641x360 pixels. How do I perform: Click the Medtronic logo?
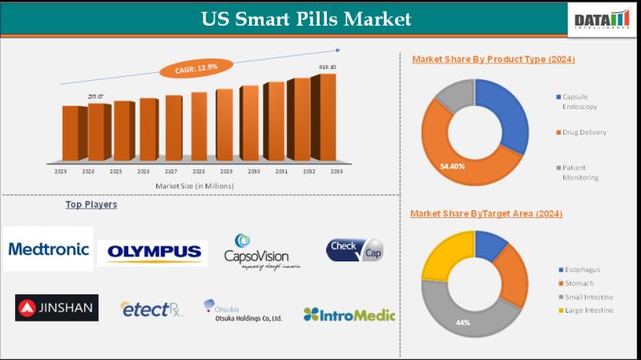coord(48,249)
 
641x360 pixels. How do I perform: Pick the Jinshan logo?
coord(57,307)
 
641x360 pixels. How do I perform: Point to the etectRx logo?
coord(151,309)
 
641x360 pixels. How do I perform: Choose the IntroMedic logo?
coord(349,314)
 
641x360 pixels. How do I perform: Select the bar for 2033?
coord(324,116)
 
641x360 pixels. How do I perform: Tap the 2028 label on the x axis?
coord(198,172)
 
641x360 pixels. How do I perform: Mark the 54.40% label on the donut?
coord(452,166)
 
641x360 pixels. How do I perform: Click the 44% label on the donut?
coord(463,322)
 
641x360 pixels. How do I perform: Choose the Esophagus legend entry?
coord(580,269)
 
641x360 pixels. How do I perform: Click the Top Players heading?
coord(91,204)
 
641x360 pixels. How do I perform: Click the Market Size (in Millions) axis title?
coord(195,186)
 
